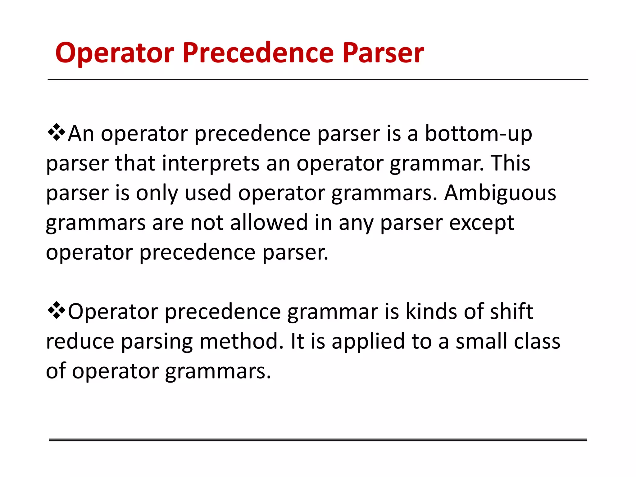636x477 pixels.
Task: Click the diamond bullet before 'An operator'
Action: (x=56, y=132)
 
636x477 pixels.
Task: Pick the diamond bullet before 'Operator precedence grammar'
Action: (x=56, y=310)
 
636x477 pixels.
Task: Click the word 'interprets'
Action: (x=211, y=163)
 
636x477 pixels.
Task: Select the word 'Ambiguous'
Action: (x=500, y=193)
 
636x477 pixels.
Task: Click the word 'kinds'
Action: (x=431, y=311)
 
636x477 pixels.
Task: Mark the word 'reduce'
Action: (x=80, y=341)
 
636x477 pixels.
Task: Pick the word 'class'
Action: (x=537, y=341)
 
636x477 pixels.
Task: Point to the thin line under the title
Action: (x=318, y=80)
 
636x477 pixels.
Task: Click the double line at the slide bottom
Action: (x=318, y=440)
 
